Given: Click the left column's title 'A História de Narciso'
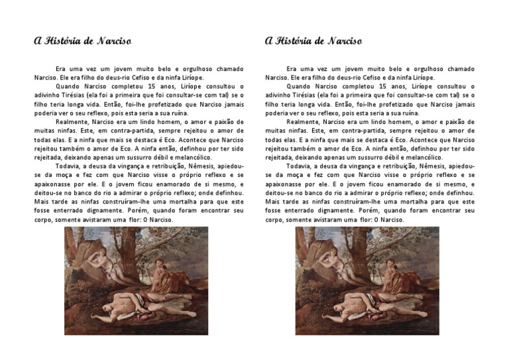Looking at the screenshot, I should click(82, 41).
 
